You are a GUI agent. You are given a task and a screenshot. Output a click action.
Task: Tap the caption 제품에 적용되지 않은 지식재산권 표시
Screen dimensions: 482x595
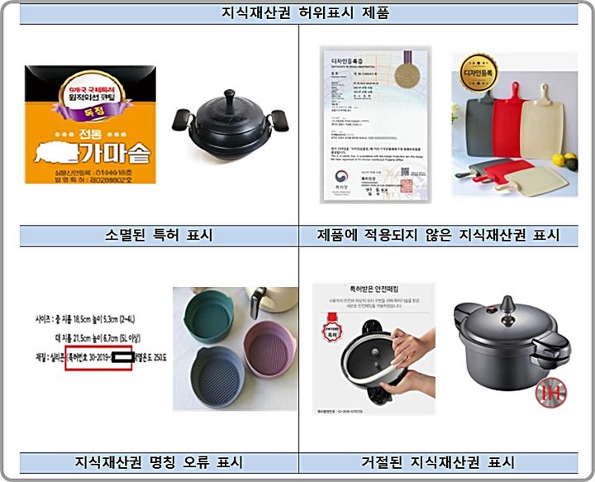click(x=437, y=235)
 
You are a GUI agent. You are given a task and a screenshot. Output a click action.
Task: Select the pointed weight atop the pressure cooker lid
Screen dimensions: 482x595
click(x=506, y=303)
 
